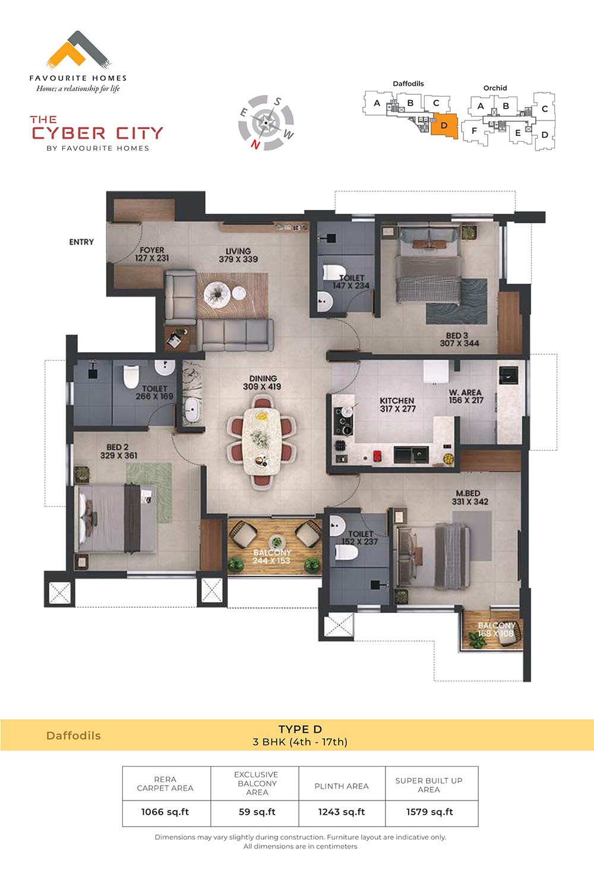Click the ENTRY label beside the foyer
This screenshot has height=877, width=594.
(81, 242)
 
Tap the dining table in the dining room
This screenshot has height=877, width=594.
(261, 441)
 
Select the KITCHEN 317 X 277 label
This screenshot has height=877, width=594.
(397, 405)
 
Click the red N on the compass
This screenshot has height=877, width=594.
(255, 145)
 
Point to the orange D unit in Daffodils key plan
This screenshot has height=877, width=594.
(444, 126)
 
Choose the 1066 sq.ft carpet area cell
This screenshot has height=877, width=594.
(165, 812)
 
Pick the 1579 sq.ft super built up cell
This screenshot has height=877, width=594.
(429, 812)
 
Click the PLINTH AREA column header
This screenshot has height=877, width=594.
(342, 786)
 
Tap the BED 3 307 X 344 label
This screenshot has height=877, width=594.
(459, 339)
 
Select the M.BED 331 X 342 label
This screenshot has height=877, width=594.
(470, 498)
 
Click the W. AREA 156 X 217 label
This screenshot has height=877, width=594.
(466, 396)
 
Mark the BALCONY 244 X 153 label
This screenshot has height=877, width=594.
(272, 557)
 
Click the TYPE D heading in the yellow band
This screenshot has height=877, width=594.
(300, 729)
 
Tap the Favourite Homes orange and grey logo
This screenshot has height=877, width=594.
(78, 50)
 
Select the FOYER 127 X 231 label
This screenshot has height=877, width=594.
(152, 254)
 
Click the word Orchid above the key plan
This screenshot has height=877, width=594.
(495, 88)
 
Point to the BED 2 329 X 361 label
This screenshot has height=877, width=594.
(118, 452)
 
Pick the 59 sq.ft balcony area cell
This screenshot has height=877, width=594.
(257, 812)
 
